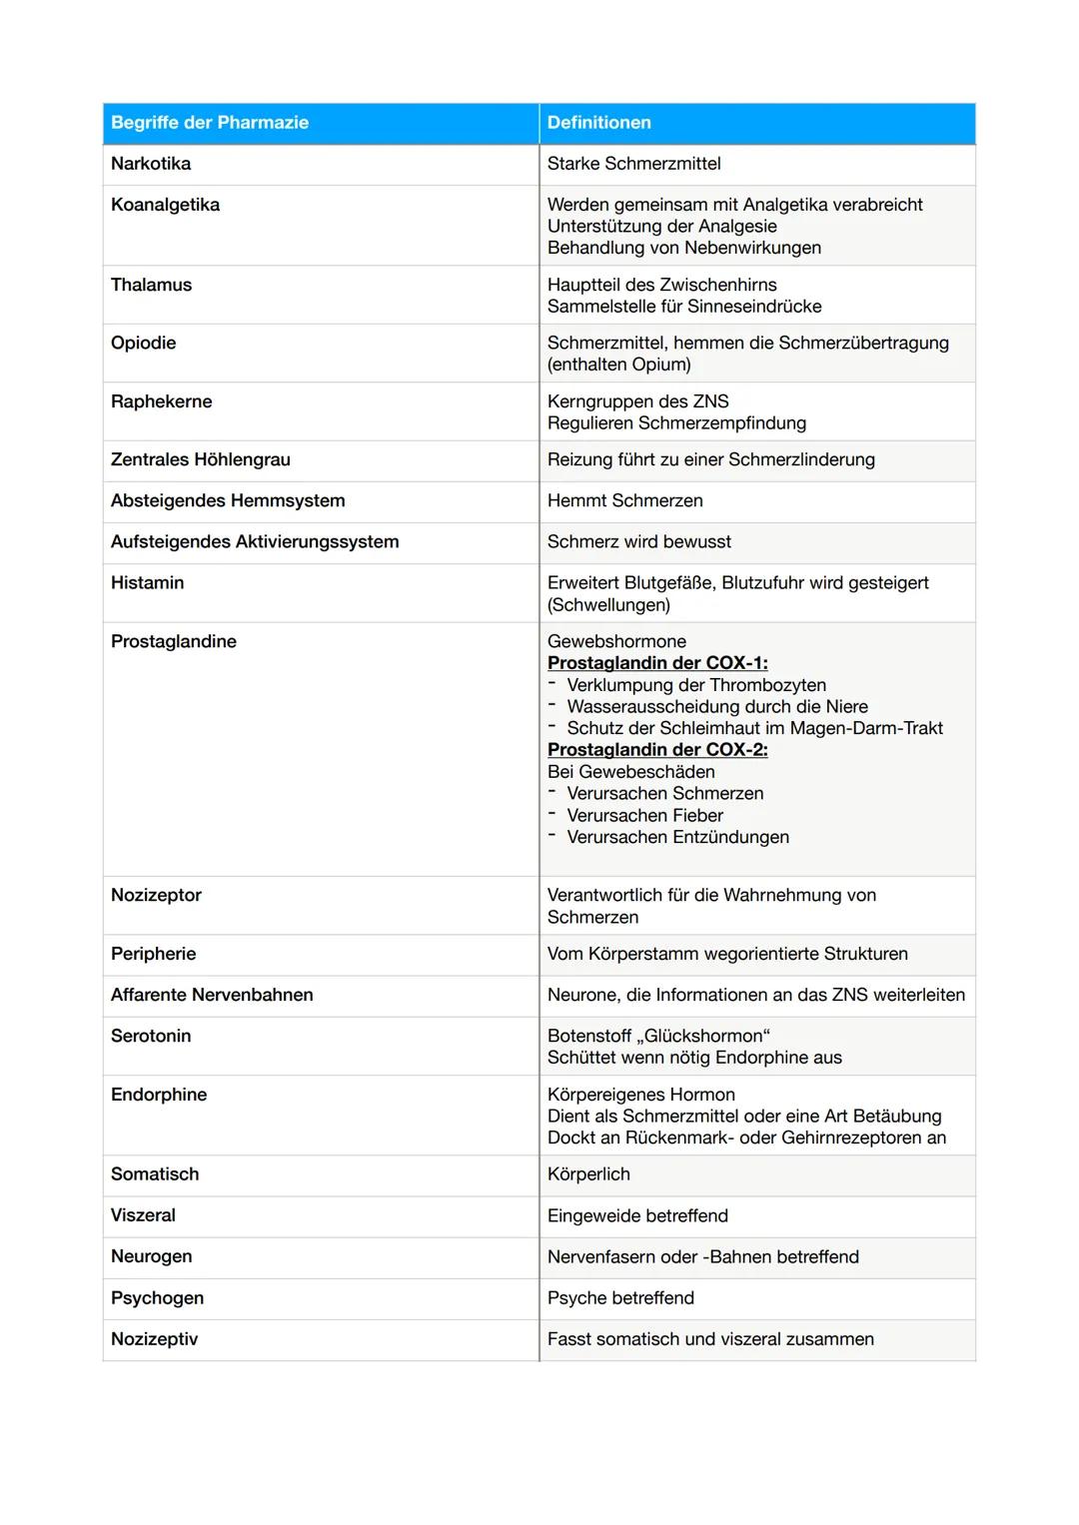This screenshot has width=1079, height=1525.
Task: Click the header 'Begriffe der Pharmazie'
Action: (210, 123)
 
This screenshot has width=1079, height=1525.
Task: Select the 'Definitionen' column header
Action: (599, 123)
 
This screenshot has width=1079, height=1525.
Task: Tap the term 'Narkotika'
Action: (151, 164)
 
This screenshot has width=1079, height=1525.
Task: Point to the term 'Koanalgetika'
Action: (165, 205)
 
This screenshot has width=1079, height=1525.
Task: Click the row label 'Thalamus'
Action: (151, 285)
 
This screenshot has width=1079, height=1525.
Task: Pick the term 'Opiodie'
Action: (143, 343)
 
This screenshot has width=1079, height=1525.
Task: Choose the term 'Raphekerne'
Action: (161, 401)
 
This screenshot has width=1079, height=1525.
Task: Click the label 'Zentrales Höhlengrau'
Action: (200, 459)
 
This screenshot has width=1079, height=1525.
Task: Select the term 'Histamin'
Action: (147, 582)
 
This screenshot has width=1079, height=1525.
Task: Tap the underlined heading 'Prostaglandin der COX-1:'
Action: (657, 663)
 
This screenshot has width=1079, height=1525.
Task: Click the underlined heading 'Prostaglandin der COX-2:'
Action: (657, 750)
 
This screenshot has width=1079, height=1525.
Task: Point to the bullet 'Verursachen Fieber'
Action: (644, 815)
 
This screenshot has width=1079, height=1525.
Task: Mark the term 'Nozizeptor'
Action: (156, 895)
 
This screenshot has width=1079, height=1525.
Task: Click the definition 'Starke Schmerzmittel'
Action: (633, 164)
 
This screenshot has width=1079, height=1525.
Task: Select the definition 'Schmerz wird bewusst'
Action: (638, 541)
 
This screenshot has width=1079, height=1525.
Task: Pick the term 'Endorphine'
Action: (159, 1095)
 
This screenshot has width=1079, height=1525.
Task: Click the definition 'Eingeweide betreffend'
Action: (637, 1215)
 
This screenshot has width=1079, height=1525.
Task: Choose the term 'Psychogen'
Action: (157, 1297)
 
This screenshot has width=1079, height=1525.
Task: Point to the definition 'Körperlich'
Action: (588, 1174)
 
